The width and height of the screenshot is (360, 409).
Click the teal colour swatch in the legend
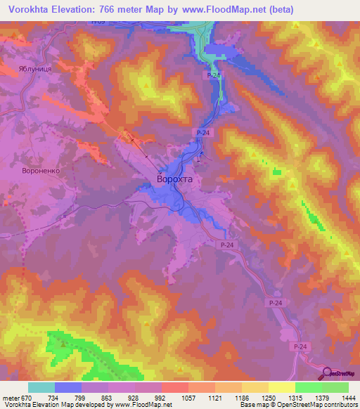click(41, 388)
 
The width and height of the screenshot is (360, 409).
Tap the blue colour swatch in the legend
click(67, 388)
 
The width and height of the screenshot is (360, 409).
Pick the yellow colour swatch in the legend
click(281, 388)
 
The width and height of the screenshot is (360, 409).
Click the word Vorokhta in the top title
click(31, 10)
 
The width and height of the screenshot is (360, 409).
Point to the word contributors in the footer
click(340, 405)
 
